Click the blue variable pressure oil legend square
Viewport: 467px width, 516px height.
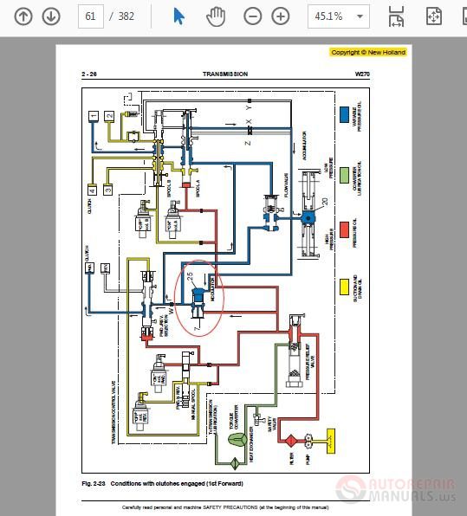click(x=345, y=113)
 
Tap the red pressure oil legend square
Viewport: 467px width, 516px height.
click(x=345, y=227)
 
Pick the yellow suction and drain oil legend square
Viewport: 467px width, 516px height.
click(x=345, y=284)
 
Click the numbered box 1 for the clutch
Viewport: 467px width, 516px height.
click(x=92, y=116)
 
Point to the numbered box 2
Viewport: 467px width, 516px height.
click(x=109, y=116)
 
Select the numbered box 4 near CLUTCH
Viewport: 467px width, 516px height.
click(x=92, y=189)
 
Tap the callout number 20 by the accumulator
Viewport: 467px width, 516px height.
click(x=325, y=202)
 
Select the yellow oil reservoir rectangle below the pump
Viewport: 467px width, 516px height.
click(x=330, y=441)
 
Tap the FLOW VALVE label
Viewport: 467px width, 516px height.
click(x=285, y=184)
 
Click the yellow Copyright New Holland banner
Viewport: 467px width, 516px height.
click(x=368, y=52)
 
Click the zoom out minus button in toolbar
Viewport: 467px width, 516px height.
click(x=252, y=16)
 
